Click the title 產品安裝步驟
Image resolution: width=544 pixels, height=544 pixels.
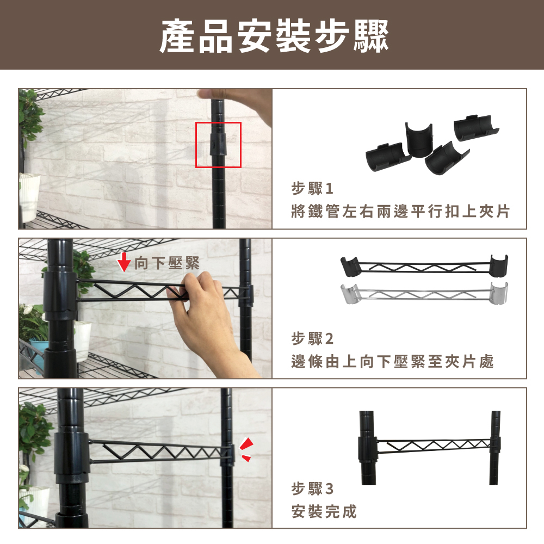[x=274, y=36]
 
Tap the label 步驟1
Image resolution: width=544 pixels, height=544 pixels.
[x=312, y=188]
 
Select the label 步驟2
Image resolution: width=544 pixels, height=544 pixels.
[x=312, y=338]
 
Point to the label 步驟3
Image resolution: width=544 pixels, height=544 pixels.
[x=312, y=489]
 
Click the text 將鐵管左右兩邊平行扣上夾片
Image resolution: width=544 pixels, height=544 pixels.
[x=400, y=211]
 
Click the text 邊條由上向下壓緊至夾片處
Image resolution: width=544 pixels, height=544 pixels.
[x=392, y=361]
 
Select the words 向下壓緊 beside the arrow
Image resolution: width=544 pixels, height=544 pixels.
[x=167, y=263]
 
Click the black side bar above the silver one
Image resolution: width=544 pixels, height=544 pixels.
[x=424, y=266]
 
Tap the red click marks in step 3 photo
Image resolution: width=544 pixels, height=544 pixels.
[x=246, y=450]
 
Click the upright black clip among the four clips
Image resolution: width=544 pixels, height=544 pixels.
[x=419, y=140]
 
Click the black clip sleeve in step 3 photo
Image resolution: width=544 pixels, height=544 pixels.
[x=72, y=454]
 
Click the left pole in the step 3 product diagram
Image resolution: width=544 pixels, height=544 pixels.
[x=367, y=448]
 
